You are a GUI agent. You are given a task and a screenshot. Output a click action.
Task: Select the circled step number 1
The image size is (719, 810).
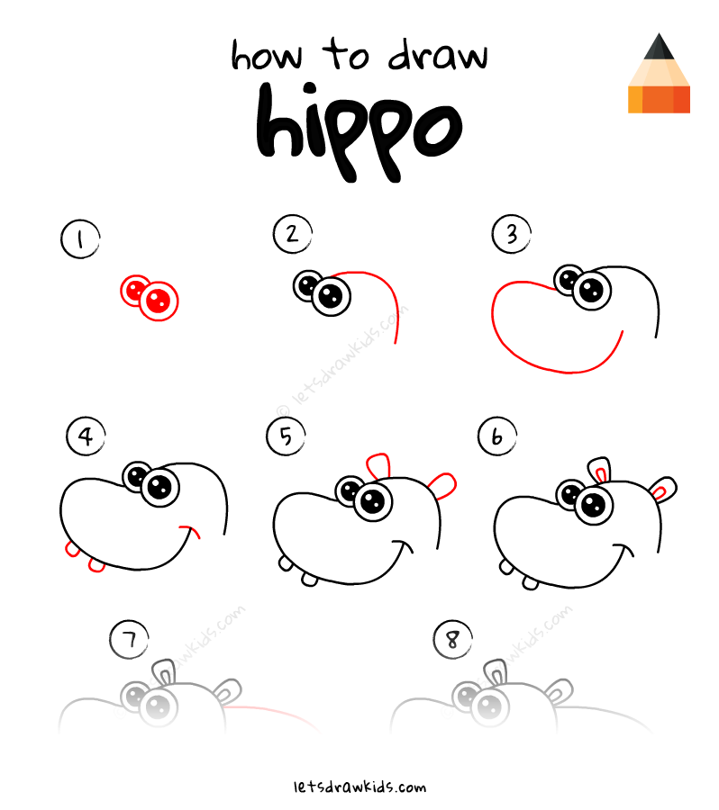(79, 240)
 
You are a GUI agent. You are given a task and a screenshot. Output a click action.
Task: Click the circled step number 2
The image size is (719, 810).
(291, 235)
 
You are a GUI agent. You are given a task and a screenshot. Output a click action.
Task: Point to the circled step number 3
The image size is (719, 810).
(511, 235)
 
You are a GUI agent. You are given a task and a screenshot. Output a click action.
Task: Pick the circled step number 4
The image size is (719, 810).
(85, 437)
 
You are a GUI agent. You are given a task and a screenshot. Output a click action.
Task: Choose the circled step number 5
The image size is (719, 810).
(286, 436)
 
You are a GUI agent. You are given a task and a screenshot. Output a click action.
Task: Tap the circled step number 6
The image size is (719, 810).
(496, 437)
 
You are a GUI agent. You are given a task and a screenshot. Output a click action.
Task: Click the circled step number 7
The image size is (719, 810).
(128, 640)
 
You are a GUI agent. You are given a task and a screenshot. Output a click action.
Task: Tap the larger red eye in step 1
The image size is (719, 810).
(160, 300)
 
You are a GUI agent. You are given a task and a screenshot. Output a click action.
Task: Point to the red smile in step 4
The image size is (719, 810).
(190, 531)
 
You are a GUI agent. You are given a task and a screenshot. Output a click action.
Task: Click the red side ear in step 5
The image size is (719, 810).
(444, 483)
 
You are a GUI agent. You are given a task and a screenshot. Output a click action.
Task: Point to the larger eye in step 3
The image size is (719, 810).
(591, 290)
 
